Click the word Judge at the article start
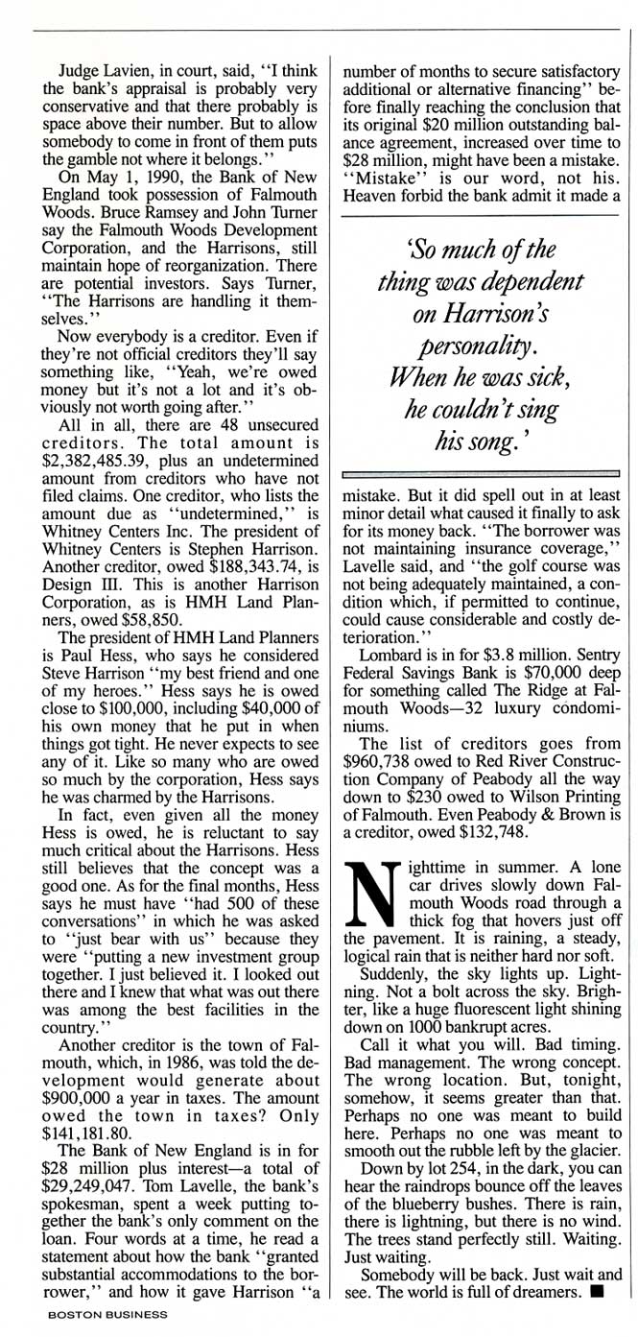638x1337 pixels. pos(83,71)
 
